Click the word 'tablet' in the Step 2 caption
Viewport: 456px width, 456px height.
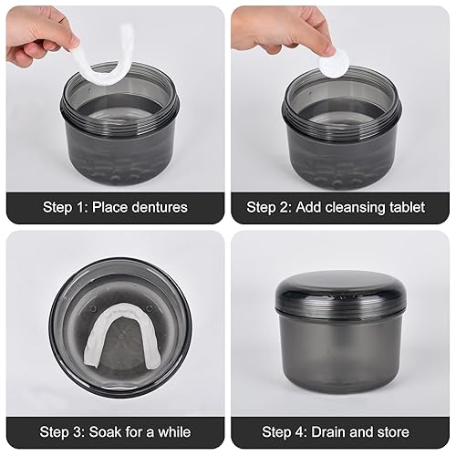(405, 207)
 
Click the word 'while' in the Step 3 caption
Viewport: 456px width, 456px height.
(179, 431)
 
